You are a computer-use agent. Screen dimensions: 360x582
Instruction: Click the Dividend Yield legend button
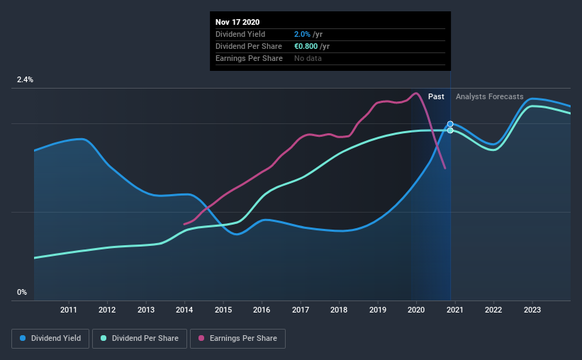coord(50,339)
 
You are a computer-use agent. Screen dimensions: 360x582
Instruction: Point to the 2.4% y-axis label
coord(26,80)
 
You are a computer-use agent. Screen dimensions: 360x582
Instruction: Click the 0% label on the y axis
coord(22,292)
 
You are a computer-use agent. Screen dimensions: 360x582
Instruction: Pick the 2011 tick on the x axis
coord(69,310)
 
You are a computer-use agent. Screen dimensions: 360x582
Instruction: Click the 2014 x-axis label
coord(184,310)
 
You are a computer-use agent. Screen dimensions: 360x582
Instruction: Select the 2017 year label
coord(301,310)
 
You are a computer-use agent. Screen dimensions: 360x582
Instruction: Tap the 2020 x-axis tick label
coord(416,310)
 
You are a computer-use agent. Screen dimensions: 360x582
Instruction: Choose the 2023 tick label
coord(532,310)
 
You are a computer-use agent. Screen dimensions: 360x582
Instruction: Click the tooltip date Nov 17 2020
coord(237,22)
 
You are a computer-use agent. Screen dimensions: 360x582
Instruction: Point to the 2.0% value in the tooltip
coord(301,34)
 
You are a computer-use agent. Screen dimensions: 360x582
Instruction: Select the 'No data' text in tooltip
coord(308,58)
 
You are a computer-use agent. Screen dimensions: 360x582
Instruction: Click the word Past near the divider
coord(436,96)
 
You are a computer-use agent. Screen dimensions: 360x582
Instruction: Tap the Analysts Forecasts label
coord(490,96)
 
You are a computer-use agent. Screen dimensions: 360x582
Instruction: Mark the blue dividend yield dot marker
coord(450,124)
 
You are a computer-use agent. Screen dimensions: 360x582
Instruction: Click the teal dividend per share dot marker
coord(450,130)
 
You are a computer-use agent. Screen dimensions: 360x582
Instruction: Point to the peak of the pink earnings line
coord(415,93)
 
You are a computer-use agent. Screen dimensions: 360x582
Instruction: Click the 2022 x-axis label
coord(493,310)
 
